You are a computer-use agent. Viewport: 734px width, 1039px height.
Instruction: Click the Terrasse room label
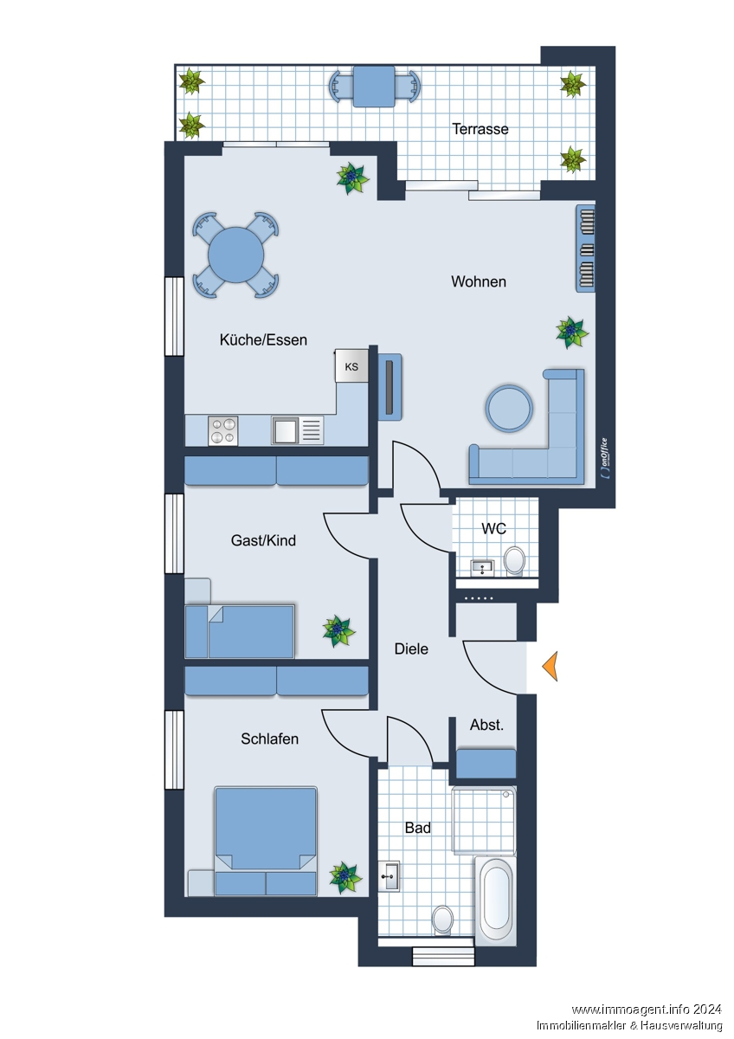480,129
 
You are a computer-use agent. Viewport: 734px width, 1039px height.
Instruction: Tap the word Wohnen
479,281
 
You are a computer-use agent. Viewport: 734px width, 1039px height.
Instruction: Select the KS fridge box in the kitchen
351,366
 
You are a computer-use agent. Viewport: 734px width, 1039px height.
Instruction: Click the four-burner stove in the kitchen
222,431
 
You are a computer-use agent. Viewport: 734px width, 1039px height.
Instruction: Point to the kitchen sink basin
285,430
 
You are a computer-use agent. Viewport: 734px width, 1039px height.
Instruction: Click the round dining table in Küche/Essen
235,255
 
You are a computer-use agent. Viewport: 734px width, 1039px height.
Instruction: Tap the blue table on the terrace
374,87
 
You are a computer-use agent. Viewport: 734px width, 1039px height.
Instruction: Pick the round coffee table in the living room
509,409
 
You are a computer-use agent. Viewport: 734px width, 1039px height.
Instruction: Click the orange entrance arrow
550,666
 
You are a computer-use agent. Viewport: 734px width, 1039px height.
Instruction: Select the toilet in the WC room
514,560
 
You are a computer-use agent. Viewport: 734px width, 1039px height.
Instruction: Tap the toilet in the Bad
443,920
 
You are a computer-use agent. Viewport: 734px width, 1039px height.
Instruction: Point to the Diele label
411,649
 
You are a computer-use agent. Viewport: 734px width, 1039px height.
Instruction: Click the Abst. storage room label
486,725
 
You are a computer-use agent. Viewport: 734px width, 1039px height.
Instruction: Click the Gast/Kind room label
263,540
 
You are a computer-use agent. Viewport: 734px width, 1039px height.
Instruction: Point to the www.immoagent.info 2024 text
647,1010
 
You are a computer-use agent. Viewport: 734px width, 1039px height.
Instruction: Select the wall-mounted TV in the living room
390,387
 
